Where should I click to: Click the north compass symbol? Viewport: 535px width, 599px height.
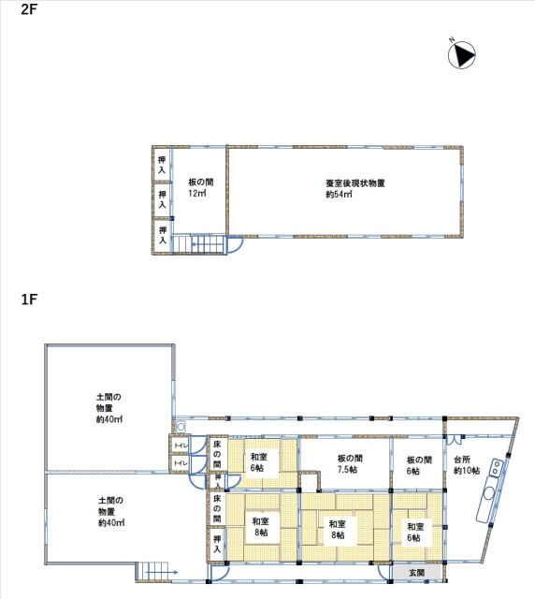(x=462, y=55)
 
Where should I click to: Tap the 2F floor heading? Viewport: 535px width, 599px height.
(x=29, y=9)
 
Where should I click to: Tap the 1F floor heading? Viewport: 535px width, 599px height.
(x=29, y=299)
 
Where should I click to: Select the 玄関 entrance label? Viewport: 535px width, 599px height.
(x=416, y=573)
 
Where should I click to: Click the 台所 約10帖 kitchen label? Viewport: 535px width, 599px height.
(x=467, y=465)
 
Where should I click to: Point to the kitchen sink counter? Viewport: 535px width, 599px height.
(x=490, y=490)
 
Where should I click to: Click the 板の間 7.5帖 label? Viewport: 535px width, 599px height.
(x=350, y=464)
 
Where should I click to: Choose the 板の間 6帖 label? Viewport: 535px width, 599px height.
(x=419, y=465)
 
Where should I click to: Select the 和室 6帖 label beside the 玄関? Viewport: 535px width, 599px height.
(x=415, y=533)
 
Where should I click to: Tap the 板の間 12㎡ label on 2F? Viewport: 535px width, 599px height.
(x=200, y=187)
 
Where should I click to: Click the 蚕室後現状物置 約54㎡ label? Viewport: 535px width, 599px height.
(x=354, y=189)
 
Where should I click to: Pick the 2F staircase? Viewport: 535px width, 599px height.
(x=197, y=244)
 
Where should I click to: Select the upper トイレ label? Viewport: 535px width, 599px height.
(x=181, y=446)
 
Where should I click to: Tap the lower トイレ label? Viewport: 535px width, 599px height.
(x=181, y=463)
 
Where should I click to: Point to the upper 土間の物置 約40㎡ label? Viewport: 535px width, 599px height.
(x=108, y=408)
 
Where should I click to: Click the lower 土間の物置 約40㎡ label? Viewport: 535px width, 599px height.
(x=111, y=512)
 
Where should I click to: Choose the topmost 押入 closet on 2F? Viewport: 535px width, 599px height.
(x=163, y=165)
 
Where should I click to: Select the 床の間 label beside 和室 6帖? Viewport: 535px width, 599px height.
(x=217, y=454)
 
